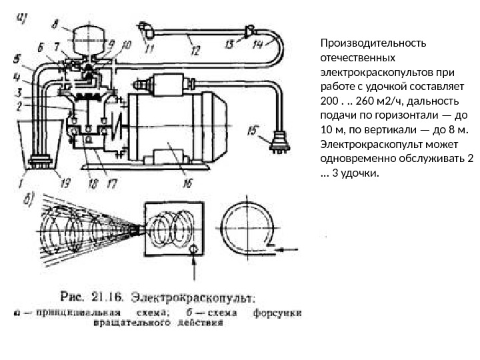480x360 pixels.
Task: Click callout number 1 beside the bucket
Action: coord(21,178)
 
